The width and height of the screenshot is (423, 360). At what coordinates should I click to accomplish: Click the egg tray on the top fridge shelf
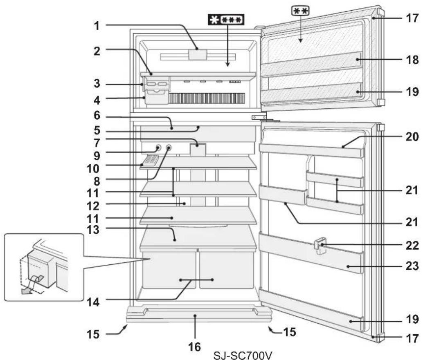click(150, 160)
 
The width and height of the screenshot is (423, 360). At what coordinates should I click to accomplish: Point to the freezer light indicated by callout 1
click(197, 54)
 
